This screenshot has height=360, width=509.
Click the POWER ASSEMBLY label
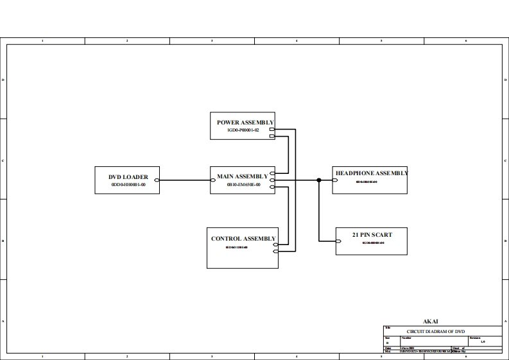245,122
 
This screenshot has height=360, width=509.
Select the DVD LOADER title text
128,177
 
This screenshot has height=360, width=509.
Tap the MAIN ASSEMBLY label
242,176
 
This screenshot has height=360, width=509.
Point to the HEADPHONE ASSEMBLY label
372,173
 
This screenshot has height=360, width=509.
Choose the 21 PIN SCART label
372,235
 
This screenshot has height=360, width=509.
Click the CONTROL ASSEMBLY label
243,239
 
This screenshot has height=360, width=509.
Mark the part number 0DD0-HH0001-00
128,185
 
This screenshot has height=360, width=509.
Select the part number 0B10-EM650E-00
243,184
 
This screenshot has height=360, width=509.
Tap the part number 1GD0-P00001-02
243,130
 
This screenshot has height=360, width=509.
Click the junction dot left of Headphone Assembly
318,180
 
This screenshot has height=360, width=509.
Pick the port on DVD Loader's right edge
157,180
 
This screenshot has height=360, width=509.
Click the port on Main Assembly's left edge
212,180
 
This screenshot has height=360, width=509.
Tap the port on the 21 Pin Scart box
338,242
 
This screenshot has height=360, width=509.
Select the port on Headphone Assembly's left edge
335,180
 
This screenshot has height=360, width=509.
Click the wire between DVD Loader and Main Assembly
184,180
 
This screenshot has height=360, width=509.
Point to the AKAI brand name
431,321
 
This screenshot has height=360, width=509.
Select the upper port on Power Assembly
272,130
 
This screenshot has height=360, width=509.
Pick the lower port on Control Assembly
275,252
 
